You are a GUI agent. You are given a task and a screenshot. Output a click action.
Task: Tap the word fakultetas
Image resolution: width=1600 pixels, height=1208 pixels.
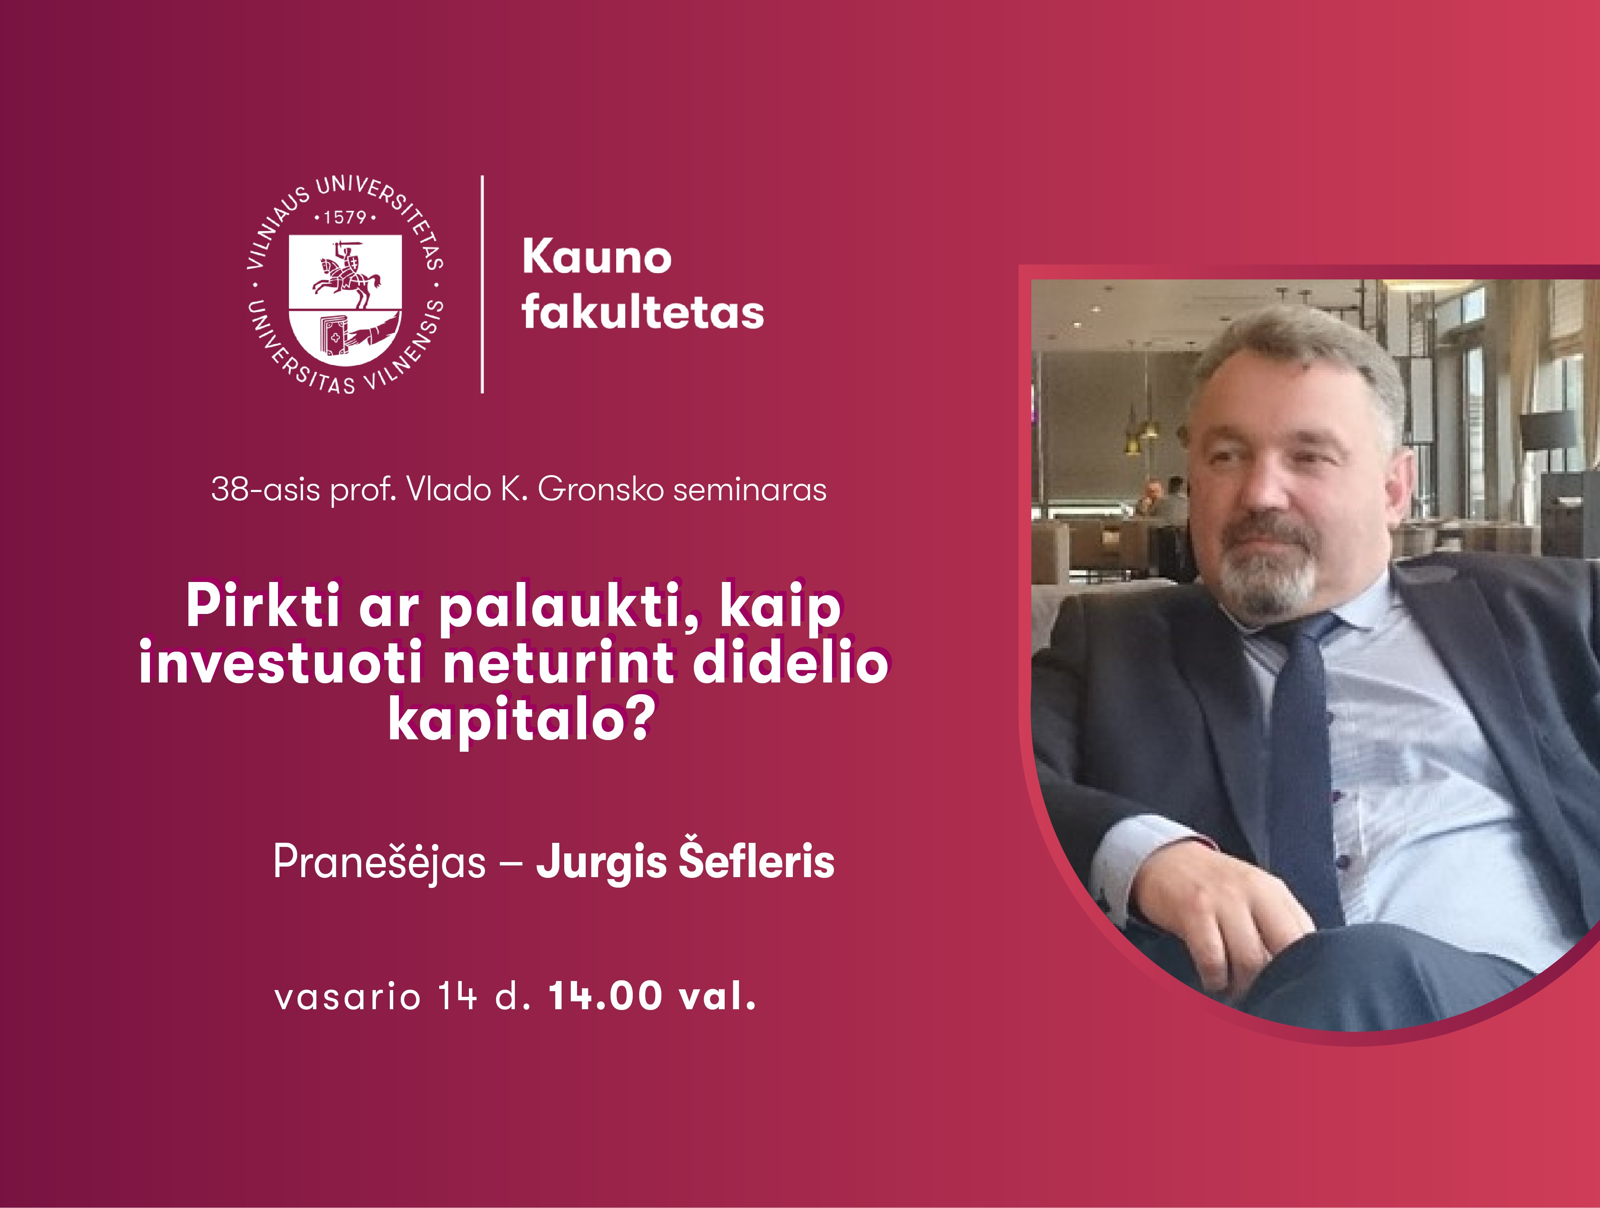tap(642, 312)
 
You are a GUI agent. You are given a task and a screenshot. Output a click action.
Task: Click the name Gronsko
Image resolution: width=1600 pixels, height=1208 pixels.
tap(601, 489)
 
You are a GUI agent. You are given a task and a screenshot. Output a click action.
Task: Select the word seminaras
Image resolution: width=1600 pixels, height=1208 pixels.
tap(750, 489)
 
